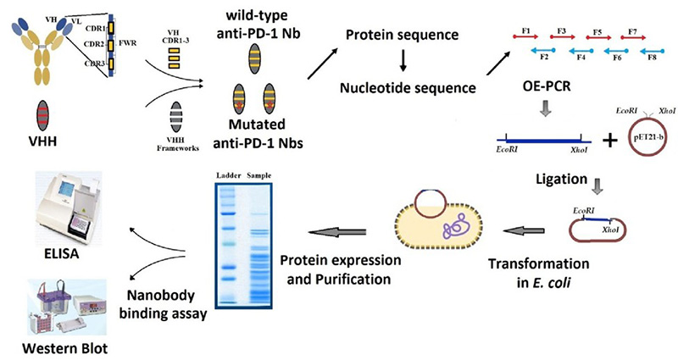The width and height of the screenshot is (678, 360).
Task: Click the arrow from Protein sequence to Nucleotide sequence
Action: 403,62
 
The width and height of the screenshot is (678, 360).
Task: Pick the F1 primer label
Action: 526,31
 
